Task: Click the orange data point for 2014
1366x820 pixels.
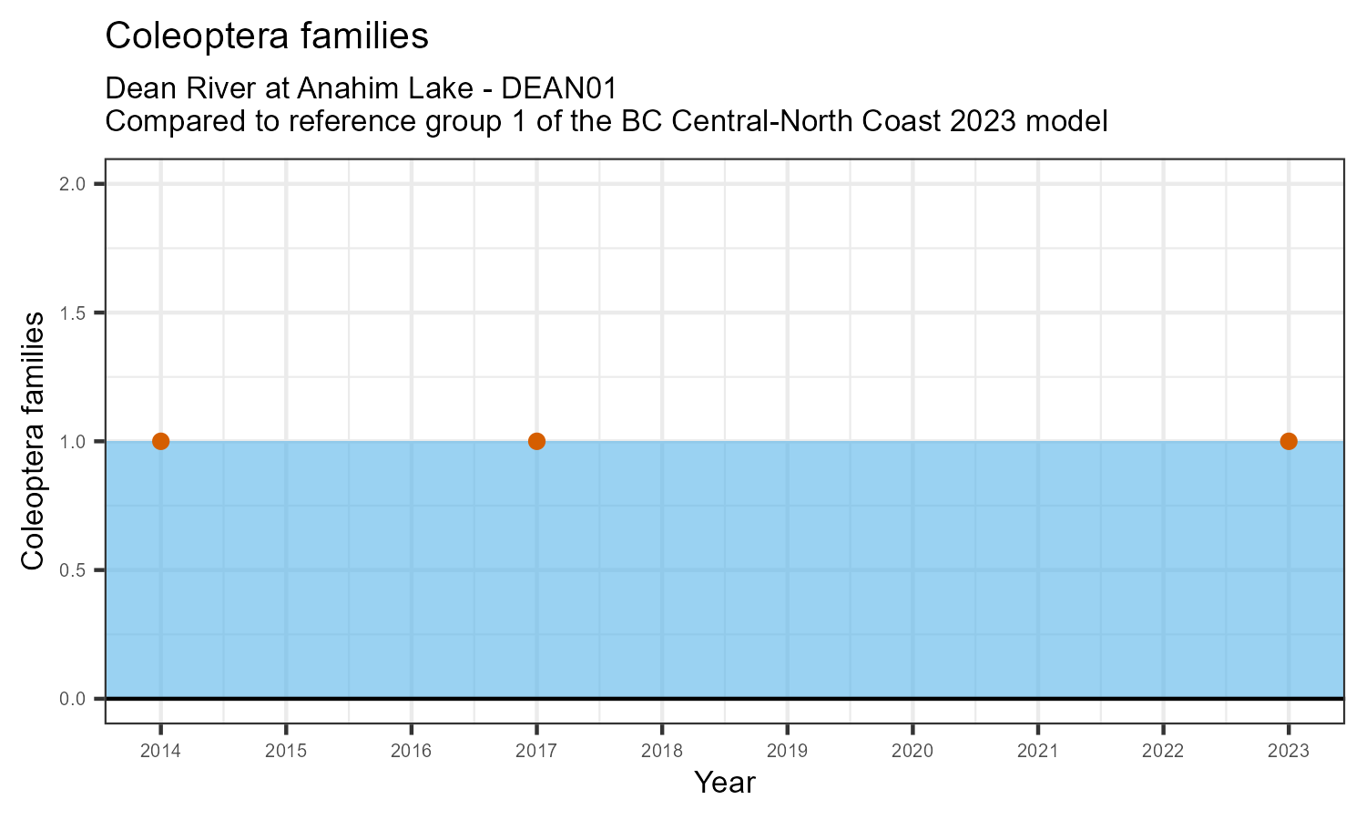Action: pyautogui.click(x=161, y=441)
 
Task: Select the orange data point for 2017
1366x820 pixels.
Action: pyautogui.click(x=536, y=441)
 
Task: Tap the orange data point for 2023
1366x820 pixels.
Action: pyautogui.click(x=1288, y=441)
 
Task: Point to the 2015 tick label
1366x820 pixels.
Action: pyautogui.click(x=286, y=752)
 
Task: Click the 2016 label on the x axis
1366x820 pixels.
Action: pyautogui.click(x=412, y=752)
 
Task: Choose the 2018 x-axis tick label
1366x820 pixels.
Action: pyautogui.click(x=662, y=752)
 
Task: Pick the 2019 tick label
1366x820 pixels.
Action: pyautogui.click(x=787, y=752)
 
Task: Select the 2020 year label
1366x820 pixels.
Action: pyautogui.click(x=912, y=752)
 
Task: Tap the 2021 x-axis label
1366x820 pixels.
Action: pyautogui.click(x=1037, y=752)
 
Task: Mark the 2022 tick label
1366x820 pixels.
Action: pyautogui.click(x=1163, y=752)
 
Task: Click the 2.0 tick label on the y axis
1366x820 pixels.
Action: pyautogui.click(x=73, y=184)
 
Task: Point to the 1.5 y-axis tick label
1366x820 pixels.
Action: pyautogui.click(x=73, y=313)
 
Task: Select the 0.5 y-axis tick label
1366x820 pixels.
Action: pyautogui.click(x=73, y=570)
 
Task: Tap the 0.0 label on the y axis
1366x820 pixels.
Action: pyautogui.click(x=73, y=699)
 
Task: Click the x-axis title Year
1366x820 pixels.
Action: pyautogui.click(x=725, y=783)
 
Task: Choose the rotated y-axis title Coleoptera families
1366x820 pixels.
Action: pyautogui.click(x=33, y=441)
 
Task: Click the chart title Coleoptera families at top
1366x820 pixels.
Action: pyautogui.click(x=267, y=36)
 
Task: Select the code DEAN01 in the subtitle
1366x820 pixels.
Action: pyautogui.click(x=560, y=88)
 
